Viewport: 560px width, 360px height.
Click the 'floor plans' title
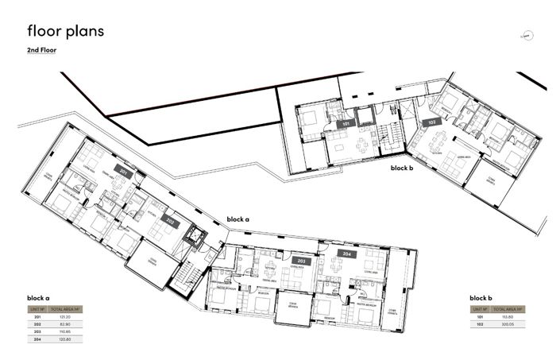[x=65, y=31]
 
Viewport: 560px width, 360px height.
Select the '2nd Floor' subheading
[x=41, y=50]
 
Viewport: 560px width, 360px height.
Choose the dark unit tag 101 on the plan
[x=346, y=125]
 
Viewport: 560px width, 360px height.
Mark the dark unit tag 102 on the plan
[x=432, y=122]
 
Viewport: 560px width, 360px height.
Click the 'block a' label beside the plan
[x=238, y=219]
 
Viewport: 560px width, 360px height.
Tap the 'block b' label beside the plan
[x=402, y=168]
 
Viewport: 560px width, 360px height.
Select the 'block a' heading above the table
[x=39, y=298]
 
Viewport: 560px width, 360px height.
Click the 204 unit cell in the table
[x=37, y=339]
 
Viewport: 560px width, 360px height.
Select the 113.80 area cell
[x=505, y=317]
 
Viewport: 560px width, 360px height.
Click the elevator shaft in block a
[x=192, y=238]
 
